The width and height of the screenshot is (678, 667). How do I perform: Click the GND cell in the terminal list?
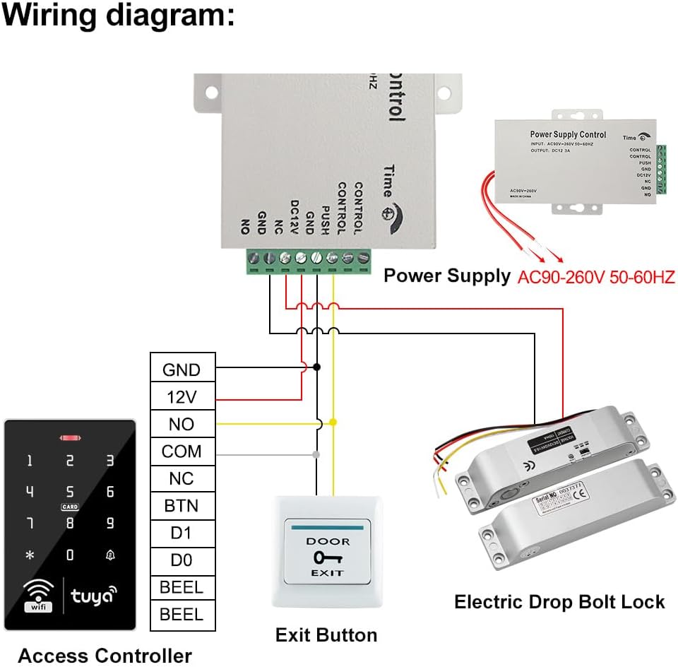tap(182, 370)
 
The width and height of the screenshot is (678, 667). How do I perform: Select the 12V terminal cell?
tap(182, 397)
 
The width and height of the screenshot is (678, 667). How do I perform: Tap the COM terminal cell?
tap(182, 451)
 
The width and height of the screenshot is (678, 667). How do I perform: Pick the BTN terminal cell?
tap(182, 506)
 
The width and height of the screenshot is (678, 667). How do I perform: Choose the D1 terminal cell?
tap(182, 533)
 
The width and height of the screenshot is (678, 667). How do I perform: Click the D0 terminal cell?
tap(182, 560)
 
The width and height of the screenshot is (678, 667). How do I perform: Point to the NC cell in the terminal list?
tap(182, 478)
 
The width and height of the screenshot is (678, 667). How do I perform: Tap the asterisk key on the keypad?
tap(30, 555)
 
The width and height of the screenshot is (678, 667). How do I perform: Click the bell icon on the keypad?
tap(110, 555)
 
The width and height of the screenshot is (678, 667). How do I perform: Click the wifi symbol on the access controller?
tap(35, 594)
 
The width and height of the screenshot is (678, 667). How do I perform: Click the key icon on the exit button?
tap(327, 557)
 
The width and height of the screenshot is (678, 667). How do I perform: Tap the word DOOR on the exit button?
tap(327, 541)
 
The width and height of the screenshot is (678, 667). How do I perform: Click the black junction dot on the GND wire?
tap(317, 367)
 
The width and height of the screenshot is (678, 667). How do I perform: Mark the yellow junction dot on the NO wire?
tap(333, 422)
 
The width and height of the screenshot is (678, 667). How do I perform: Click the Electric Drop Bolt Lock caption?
tap(559, 602)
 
